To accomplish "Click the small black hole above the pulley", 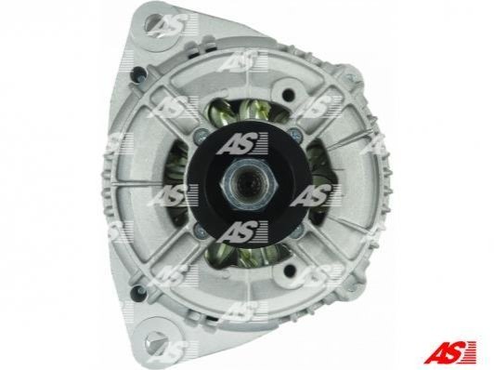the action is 288,93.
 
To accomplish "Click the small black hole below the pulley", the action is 288,269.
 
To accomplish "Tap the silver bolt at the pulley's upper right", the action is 294,134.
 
